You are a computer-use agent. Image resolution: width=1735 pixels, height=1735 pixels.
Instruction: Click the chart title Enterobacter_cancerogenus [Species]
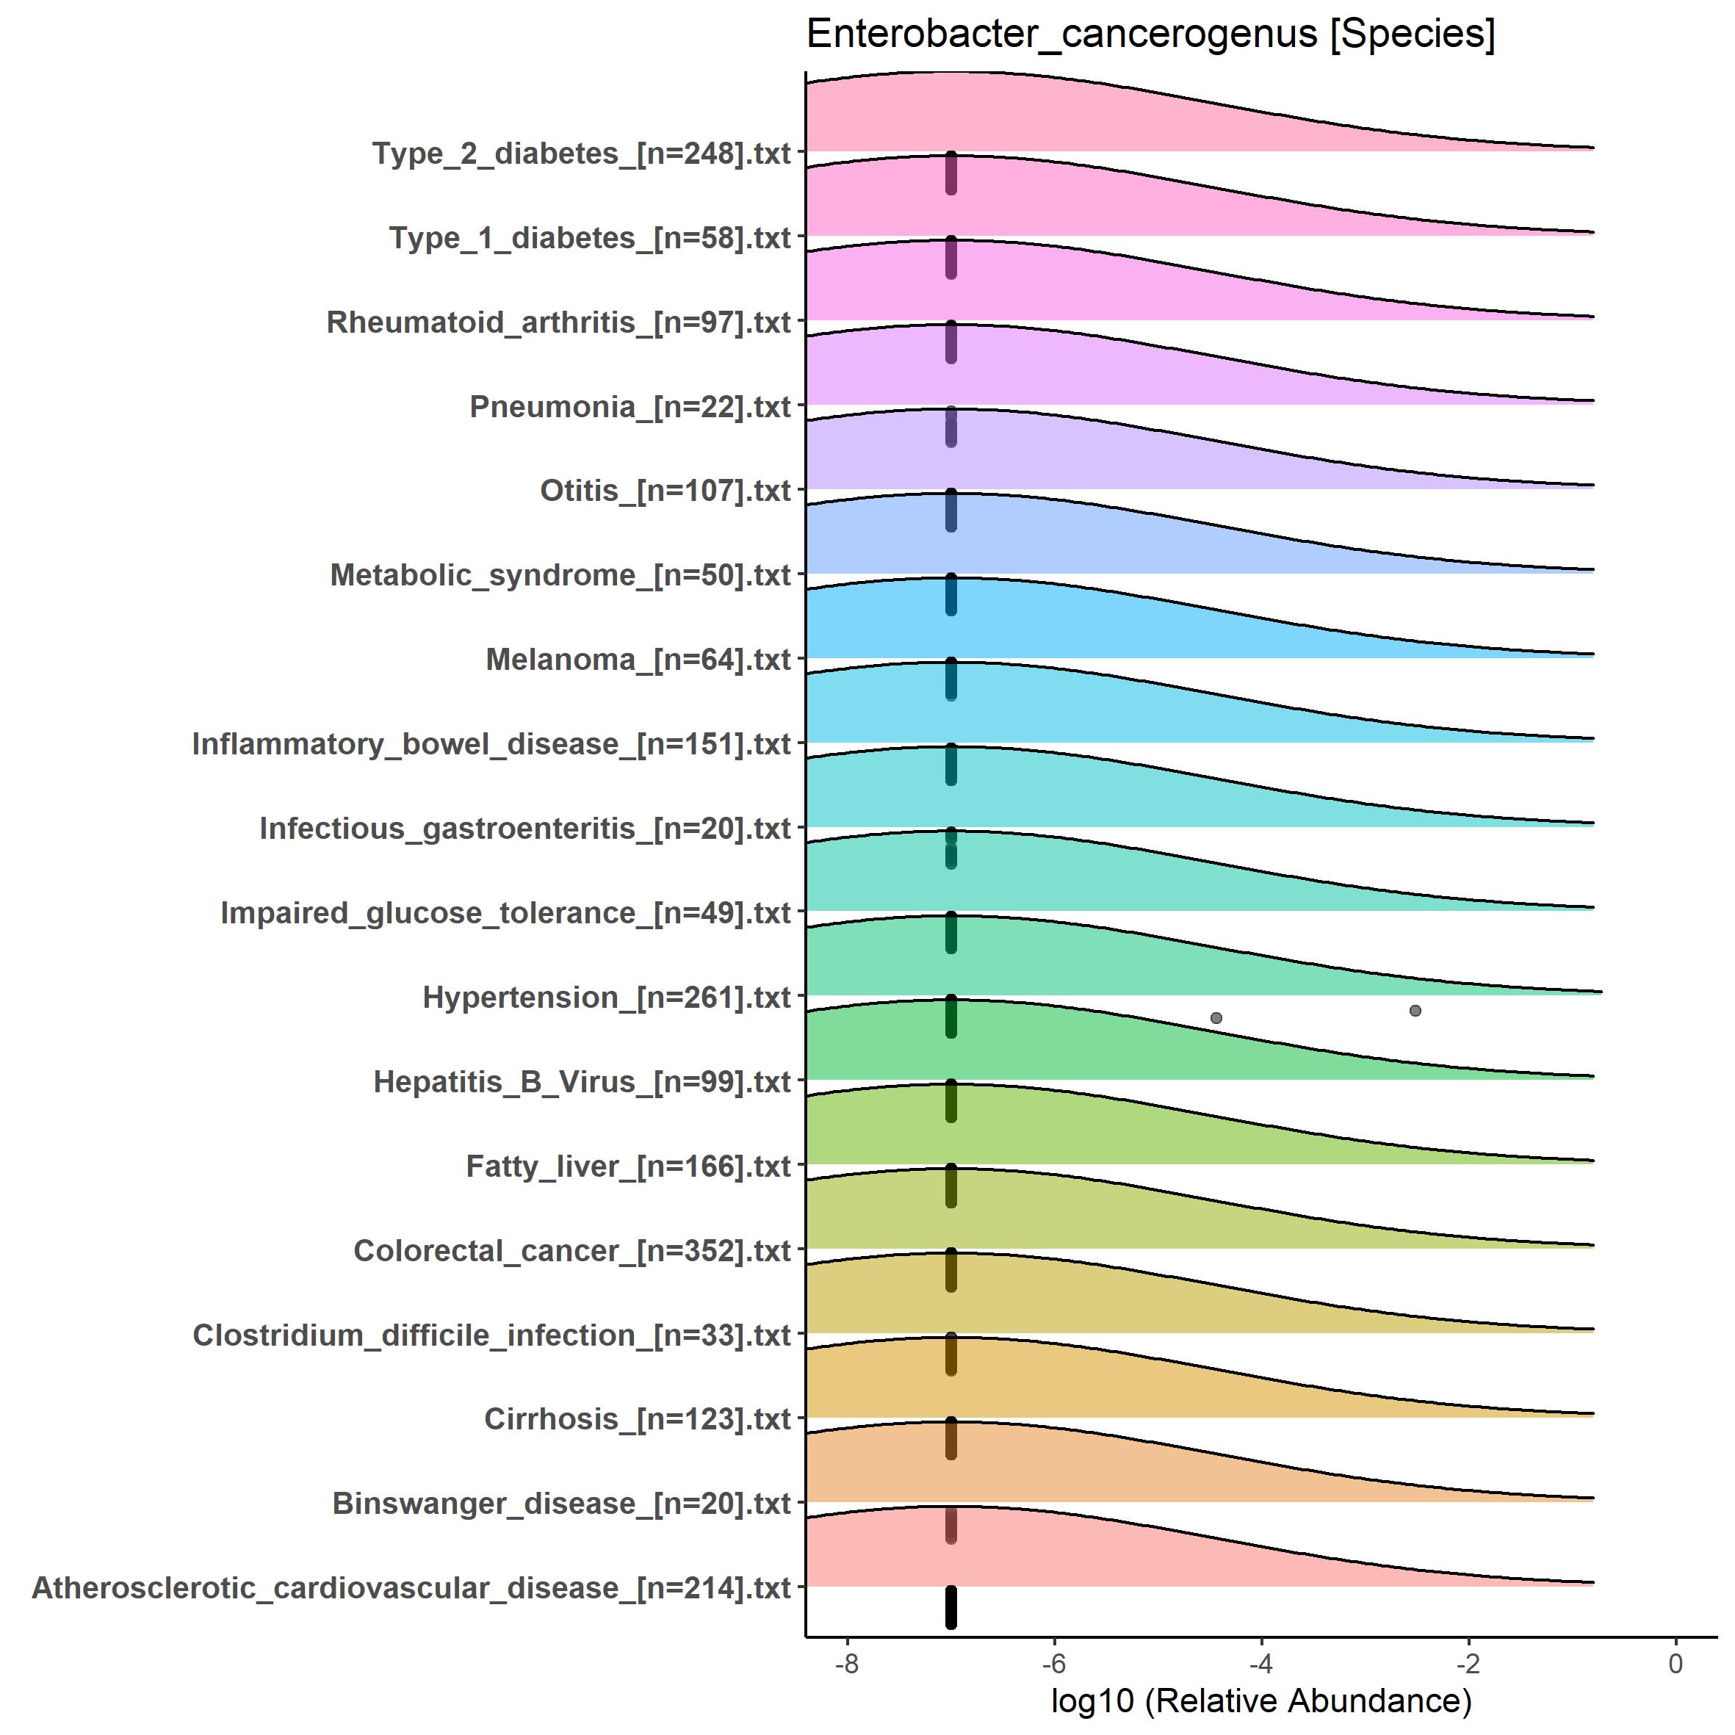(x=1150, y=36)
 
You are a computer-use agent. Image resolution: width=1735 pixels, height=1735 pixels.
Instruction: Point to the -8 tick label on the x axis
(x=846, y=1664)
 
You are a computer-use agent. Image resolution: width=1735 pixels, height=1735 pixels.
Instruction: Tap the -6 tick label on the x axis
(x=1053, y=1664)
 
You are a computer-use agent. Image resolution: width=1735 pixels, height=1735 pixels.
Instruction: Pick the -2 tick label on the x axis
(x=1468, y=1664)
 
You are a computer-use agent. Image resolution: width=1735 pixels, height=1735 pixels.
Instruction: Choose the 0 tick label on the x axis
(x=1675, y=1664)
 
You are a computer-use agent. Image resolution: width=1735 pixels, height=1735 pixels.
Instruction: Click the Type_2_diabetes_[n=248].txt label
(x=582, y=154)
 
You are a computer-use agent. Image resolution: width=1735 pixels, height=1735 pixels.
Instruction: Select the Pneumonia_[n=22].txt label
(x=630, y=407)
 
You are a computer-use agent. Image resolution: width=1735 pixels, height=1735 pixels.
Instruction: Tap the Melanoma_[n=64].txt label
(x=638, y=660)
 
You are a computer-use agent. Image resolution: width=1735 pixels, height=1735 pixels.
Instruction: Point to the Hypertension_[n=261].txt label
(x=607, y=998)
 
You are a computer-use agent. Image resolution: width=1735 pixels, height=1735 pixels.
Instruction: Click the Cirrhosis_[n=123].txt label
(x=638, y=1419)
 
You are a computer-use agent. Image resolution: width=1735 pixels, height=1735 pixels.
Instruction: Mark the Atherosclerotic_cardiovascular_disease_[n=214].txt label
(x=412, y=1587)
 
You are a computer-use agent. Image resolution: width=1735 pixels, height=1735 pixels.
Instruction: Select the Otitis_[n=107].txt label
(x=665, y=491)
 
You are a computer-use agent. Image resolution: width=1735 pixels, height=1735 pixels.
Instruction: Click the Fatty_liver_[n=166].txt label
(x=629, y=1166)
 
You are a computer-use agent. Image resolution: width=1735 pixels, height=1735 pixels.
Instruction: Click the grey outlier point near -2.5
(x=1415, y=1010)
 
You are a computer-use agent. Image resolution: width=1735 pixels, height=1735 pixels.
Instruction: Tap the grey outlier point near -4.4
(x=1216, y=1017)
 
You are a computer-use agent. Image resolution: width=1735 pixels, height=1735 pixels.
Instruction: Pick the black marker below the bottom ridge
(x=951, y=1607)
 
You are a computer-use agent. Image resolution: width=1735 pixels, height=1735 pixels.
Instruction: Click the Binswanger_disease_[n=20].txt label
(x=562, y=1504)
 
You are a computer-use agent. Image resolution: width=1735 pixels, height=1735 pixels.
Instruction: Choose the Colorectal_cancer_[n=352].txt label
(x=573, y=1251)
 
